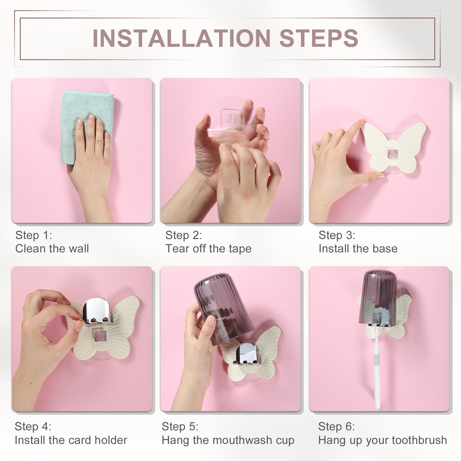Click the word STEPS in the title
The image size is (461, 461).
[319, 39]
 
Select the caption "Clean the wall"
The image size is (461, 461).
[52, 249]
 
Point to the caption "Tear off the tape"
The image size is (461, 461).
[208, 249]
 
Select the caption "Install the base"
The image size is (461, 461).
[358, 249]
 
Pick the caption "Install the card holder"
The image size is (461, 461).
[71, 440]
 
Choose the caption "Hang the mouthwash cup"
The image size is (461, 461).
[228, 440]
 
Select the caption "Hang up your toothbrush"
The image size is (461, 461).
[383, 440]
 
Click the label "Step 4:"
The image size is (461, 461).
[33, 426]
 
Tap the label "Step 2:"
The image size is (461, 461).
[183, 235]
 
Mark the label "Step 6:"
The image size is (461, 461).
[336, 426]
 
